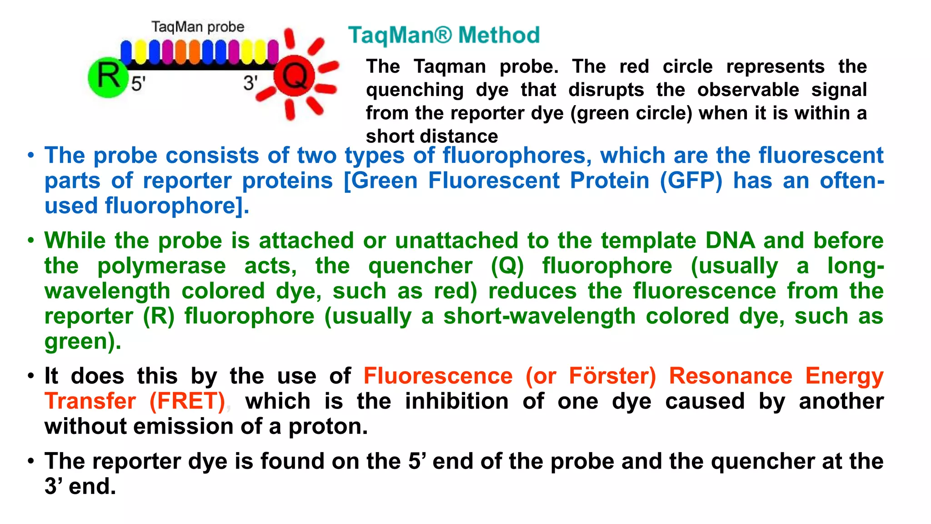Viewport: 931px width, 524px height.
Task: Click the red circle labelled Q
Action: pyautogui.click(x=294, y=76)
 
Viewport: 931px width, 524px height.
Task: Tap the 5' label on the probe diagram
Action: pyautogui.click(x=138, y=84)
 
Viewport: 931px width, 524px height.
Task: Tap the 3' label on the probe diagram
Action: pyautogui.click(x=250, y=83)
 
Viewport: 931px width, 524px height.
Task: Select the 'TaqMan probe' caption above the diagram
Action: pyautogui.click(x=198, y=27)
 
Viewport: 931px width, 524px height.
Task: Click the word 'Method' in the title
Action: pyautogui.click(x=499, y=35)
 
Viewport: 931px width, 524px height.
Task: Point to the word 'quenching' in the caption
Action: pyautogui.click(x=415, y=90)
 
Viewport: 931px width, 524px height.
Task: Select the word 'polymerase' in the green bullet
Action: pyautogui.click(x=161, y=266)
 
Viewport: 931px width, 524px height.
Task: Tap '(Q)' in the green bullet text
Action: pyautogui.click(x=507, y=266)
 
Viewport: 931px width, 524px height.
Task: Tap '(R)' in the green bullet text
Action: pyautogui.click(x=159, y=316)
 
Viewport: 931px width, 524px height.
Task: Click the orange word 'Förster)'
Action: pyautogui.click(x=612, y=376)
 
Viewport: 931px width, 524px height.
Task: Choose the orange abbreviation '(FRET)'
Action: pyautogui.click(x=187, y=401)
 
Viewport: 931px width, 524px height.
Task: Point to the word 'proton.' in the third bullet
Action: pyautogui.click(x=328, y=426)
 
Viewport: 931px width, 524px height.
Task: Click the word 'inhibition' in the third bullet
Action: pyautogui.click(x=456, y=401)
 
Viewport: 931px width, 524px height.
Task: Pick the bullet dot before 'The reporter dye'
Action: pyautogui.click(x=31, y=461)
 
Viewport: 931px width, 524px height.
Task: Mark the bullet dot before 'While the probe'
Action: pyautogui.click(x=31, y=241)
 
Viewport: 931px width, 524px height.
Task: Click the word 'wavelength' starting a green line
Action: pyautogui.click(x=107, y=291)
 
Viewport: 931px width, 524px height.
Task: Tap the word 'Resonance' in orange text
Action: pyautogui.click(x=731, y=376)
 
